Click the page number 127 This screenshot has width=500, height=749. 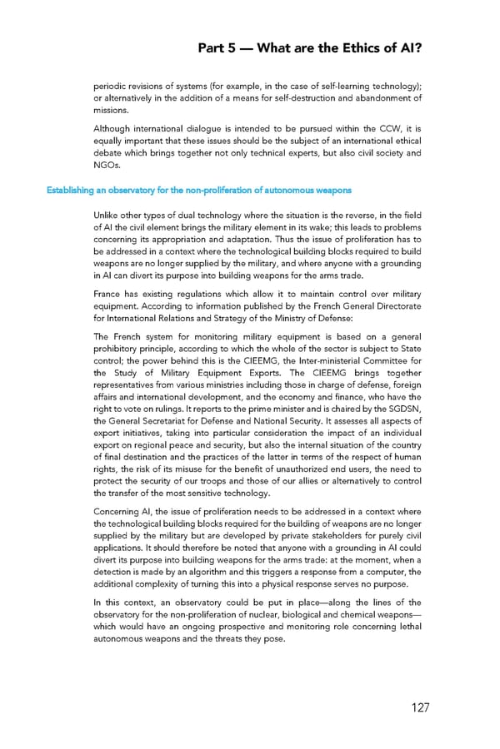tap(419, 707)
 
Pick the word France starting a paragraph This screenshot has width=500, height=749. tap(111, 294)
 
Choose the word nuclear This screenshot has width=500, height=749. tap(264, 614)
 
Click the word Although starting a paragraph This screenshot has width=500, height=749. tap(116, 130)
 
